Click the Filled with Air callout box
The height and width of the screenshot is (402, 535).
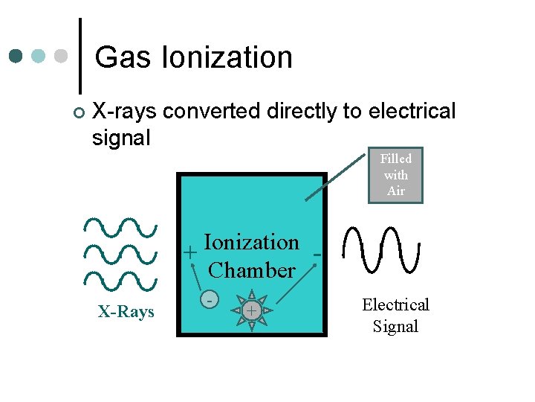coord(395,175)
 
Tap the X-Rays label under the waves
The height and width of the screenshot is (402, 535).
coord(126,311)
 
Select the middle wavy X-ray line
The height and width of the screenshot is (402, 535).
coord(121,254)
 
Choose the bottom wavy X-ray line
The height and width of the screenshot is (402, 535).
coord(121,281)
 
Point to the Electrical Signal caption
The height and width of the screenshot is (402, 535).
coord(395,316)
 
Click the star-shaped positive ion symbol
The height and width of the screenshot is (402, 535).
coord(252,309)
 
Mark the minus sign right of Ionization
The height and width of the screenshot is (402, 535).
coord(317,255)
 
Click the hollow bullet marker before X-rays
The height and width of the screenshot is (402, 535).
coord(78,113)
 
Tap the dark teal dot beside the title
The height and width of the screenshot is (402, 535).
coord(16,57)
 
